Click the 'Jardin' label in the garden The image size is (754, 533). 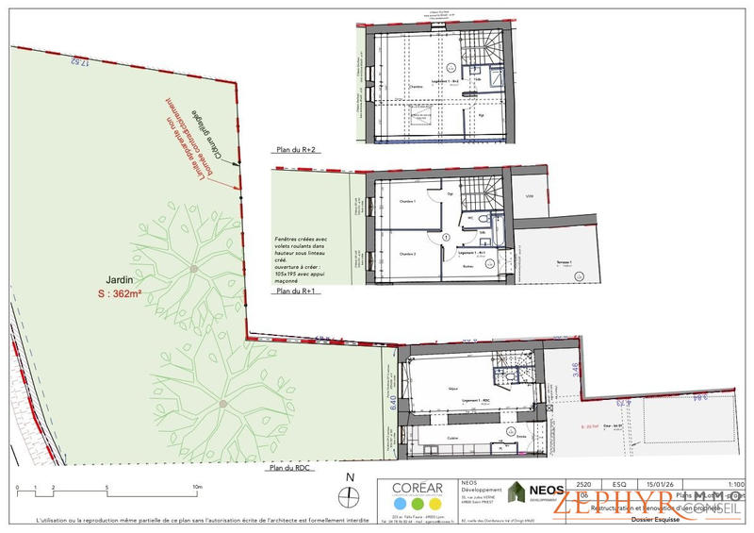coord(118,279)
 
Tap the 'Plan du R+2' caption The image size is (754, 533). coord(294,149)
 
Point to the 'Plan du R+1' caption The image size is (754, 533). coord(294,292)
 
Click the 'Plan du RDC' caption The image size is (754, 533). coord(290,467)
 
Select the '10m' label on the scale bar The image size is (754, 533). coord(198,487)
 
